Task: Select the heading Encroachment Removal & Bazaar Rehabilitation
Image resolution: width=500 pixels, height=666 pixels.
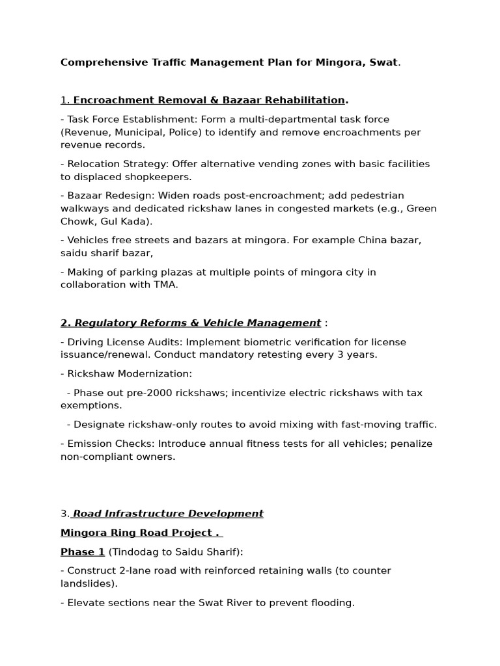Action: click(x=208, y=100)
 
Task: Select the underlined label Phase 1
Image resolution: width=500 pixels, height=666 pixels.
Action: click(x=83, y=552)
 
